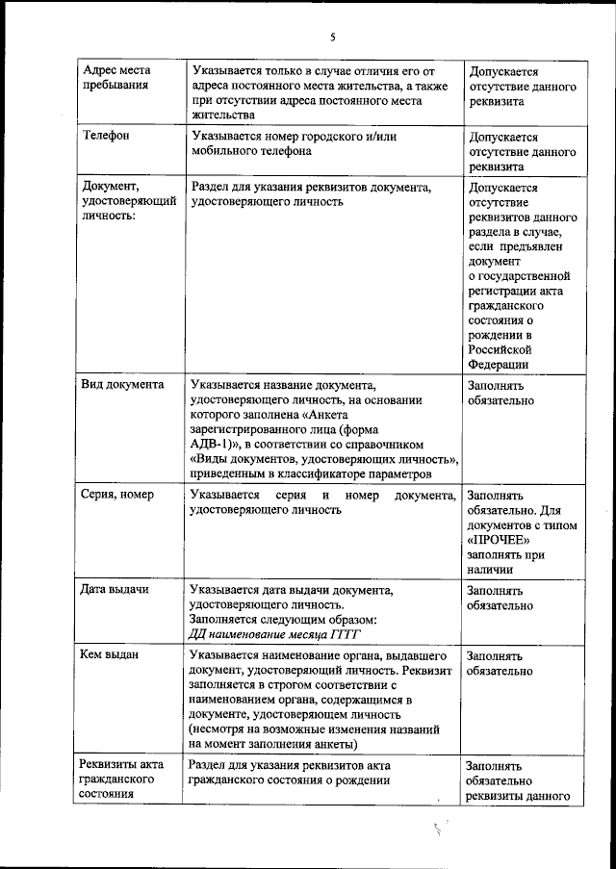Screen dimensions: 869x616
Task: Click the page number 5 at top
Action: point(333,37)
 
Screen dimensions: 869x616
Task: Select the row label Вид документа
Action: point(123,384)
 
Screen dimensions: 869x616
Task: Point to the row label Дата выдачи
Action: point(115,588)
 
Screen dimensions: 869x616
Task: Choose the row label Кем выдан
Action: point(112,654)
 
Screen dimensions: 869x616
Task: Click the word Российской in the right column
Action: point(500,349)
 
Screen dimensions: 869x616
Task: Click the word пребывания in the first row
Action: point(115,86)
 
